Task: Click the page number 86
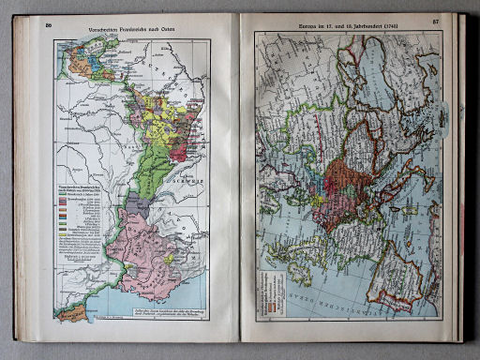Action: [x=47, y=23]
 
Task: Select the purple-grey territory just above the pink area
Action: [x=138, y=203]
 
